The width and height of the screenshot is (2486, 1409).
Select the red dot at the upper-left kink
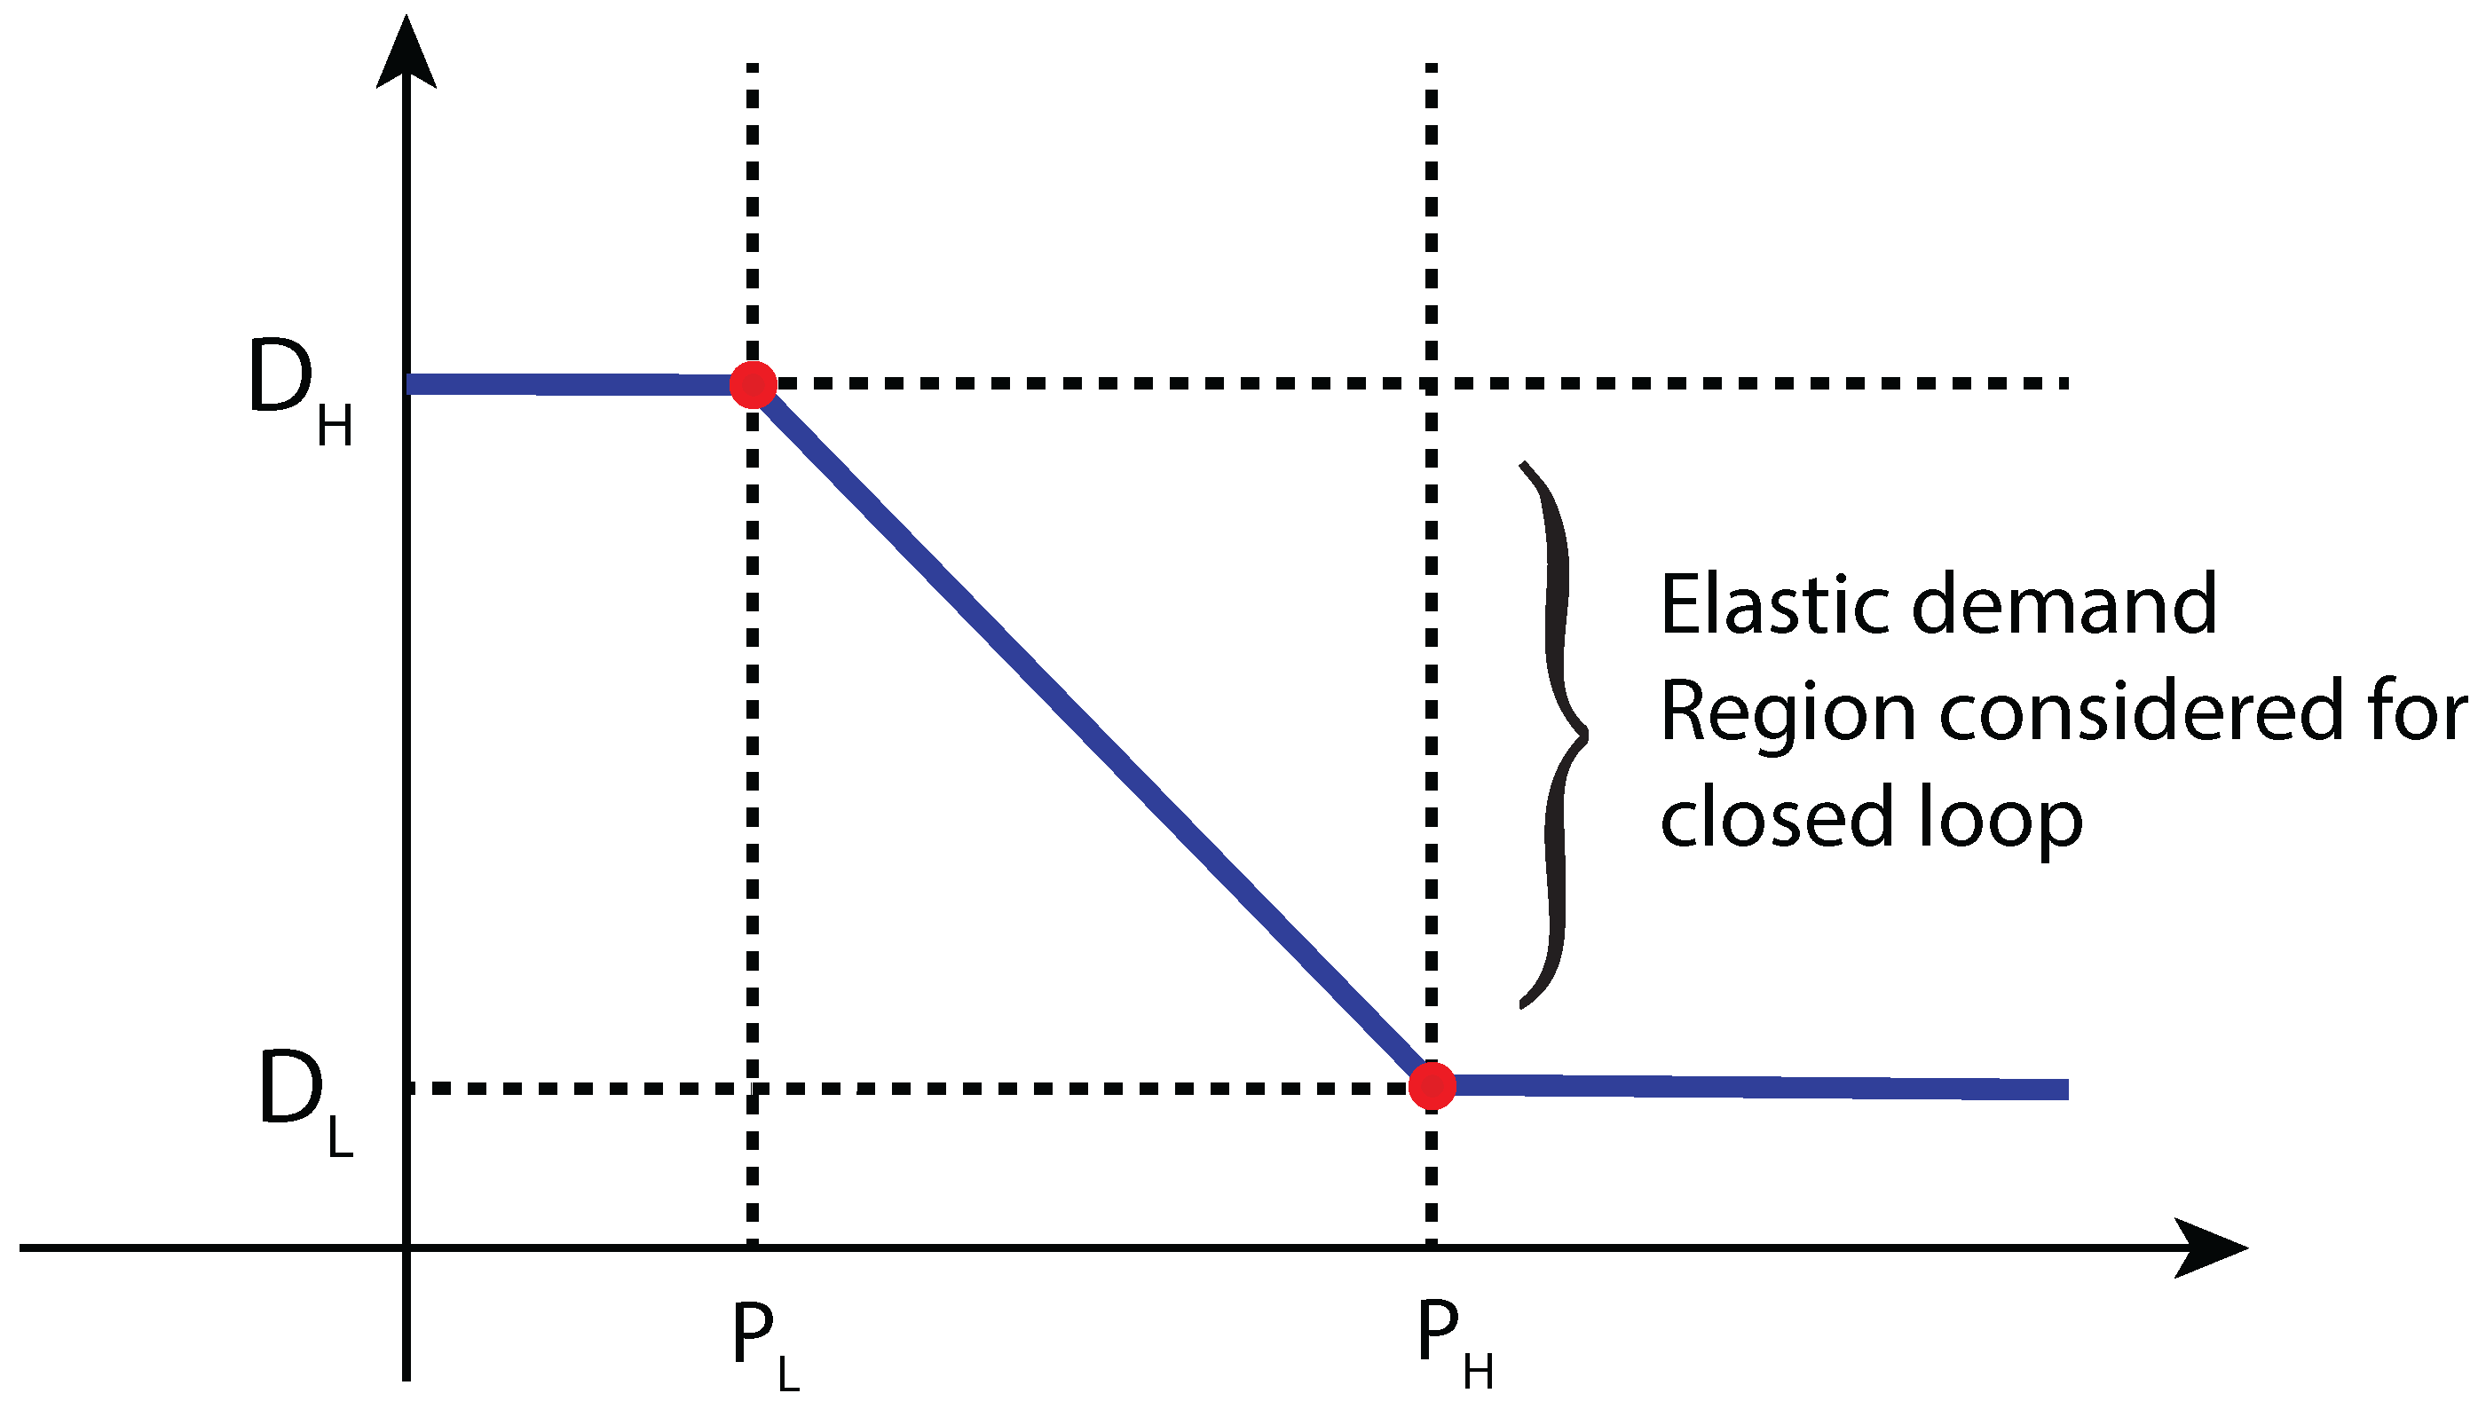click(x=753, y=384)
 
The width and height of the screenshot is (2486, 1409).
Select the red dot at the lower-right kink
click(x=1432, y=1085)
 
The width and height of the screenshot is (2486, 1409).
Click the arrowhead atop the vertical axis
click(x=406, y=53)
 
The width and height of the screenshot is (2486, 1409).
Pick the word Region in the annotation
click(x=1788, y=714)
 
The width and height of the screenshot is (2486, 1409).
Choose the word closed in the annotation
click(x=1776, y=818)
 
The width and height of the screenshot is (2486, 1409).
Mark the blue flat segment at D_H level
click(x=571, y=384)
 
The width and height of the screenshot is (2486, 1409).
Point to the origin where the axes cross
click(x=406, y=1248)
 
